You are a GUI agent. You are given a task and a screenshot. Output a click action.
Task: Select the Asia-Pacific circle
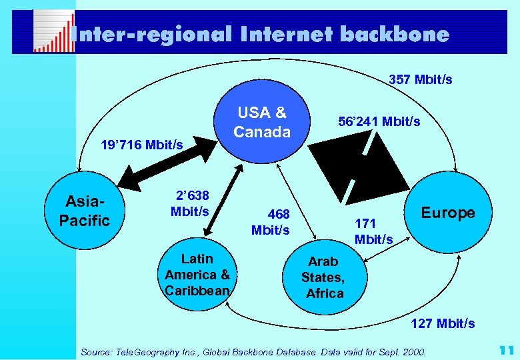[84, 211]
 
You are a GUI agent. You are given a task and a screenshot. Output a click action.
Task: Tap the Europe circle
[447, 213]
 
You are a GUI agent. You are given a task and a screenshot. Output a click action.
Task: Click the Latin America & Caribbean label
[197, 275]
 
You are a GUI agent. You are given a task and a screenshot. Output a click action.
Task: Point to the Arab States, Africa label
[323, 277]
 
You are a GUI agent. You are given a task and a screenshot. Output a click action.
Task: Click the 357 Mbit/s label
[420, 80]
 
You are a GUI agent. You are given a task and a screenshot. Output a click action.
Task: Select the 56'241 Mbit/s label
[379, 122]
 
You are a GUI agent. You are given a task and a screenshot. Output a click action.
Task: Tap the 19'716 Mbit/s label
[141, 145]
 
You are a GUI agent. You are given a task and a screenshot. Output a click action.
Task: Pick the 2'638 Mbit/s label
[191, 203]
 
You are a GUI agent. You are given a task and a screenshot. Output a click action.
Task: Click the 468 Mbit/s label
[271, 222]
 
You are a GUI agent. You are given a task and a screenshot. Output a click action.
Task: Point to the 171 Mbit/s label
[373, 230]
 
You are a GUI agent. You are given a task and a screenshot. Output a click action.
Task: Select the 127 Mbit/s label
[443, 323]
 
